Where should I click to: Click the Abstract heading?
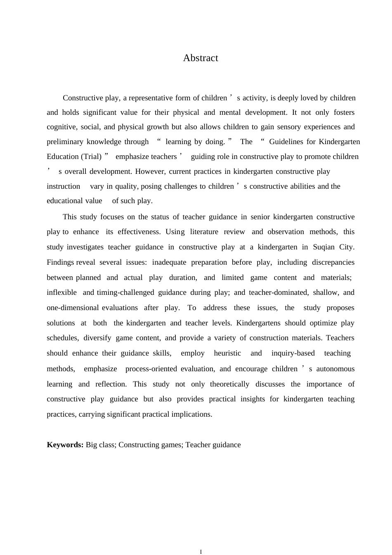point(201,58)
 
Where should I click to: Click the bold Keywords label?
point(65,445)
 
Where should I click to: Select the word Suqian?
point(324,247)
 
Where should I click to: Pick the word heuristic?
point(227,353)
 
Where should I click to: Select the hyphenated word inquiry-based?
point(293,353)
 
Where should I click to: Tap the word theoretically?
point(229,384)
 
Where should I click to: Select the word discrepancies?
point(333,262)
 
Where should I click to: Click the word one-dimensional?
point(73,308)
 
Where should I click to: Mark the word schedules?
point(62,338)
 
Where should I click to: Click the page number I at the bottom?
point(201,552)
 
